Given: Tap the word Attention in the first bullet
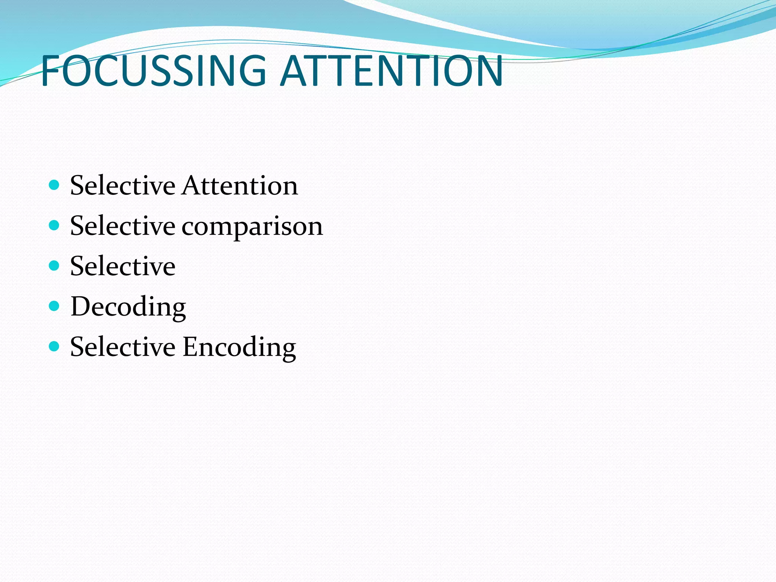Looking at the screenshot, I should pyautogui.click(x=240, y=186).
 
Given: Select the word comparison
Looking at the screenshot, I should pyautogui.click(x=252, y=227).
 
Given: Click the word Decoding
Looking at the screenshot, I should pyautogui.click(x=128, y=307).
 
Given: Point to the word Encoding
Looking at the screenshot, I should pyautogui.click(x=239, y=347).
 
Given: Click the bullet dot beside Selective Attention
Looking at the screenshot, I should pyautogui.click(x=55, y=185).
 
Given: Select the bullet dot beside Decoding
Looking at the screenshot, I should pyautogui.click(x=55, y=306).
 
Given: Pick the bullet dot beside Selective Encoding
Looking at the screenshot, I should pyautogui.click(x=55, y=346).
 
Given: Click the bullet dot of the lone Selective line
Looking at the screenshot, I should pyautogui.click(x=55, y=266).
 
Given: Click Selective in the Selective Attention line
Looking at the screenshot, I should pyautogui.click(x=123, y=186).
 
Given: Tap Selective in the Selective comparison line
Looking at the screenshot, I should pyautogui.click(x=123, y=226).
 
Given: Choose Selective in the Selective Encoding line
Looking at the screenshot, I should pyautogui.click(x=123, y=347).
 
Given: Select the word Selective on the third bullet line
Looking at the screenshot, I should pyautogui.click(x=123, y=266).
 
